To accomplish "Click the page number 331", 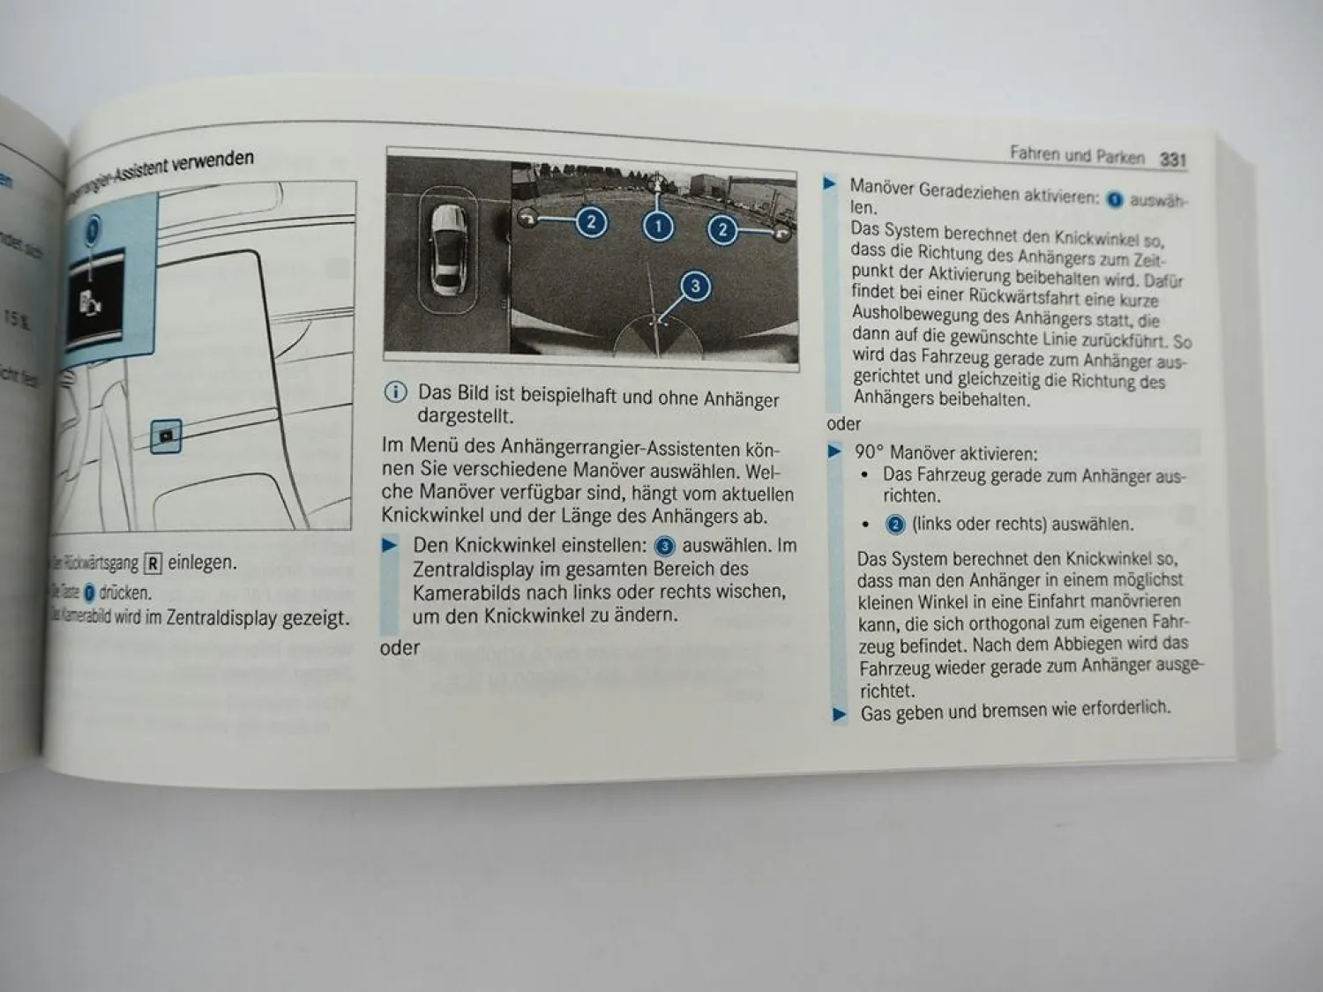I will [1173, 160].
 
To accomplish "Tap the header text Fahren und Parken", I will [1076, 155].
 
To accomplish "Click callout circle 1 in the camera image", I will [658, 227].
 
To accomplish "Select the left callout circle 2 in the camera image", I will [591, 222].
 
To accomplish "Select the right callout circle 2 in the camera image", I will [722, 230].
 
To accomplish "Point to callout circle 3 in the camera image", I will [695, 286].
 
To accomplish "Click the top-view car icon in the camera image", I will [448, 250].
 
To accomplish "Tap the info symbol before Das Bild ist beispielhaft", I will [396, 392].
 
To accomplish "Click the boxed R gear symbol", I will [153, 563].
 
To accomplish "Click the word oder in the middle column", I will [400, 648].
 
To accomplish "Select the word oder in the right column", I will [843, 423].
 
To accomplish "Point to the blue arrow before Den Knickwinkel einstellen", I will [390, 545].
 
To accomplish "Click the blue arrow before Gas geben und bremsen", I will [840, 714].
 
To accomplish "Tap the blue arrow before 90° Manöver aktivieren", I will [834, 452].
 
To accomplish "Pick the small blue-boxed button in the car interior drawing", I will [166, 436].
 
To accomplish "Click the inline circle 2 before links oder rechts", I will [894, 525].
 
